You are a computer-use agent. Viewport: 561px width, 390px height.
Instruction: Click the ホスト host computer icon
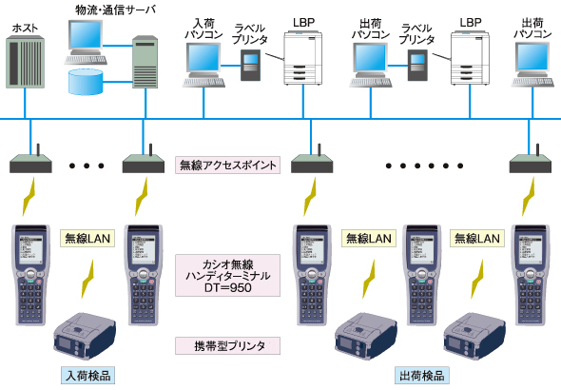point(25,62)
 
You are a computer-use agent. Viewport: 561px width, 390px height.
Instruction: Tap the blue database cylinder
point(86,82)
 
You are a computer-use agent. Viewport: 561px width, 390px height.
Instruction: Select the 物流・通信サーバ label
point(116,10)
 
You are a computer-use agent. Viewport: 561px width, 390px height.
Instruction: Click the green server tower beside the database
point(145,62)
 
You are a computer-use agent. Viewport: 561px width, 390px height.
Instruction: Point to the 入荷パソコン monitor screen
point(203,57)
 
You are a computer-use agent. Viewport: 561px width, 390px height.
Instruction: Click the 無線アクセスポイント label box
point(227,166)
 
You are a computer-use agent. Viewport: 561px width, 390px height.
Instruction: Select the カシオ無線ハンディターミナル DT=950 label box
point(227,276)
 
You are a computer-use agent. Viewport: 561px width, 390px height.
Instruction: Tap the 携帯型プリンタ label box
point(227,346)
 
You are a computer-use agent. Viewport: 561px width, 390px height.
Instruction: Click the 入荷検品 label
point(88,376)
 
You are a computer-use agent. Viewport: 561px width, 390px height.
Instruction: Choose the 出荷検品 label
point(422,376)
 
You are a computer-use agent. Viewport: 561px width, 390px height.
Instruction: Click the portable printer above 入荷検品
point(85,336)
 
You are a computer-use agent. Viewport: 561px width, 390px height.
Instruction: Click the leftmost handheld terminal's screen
point(30,250)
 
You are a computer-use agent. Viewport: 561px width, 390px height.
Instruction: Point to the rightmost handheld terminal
point(530,275)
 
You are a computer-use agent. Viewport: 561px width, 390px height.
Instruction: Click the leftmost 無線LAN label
point(87,239)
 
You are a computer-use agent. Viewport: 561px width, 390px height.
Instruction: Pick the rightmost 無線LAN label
point(477,239)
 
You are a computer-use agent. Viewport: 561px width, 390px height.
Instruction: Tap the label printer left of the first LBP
point(250,65)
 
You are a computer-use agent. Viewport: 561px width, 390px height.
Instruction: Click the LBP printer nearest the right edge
point(470,58)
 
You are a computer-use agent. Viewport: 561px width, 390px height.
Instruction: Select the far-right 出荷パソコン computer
point(532,65)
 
